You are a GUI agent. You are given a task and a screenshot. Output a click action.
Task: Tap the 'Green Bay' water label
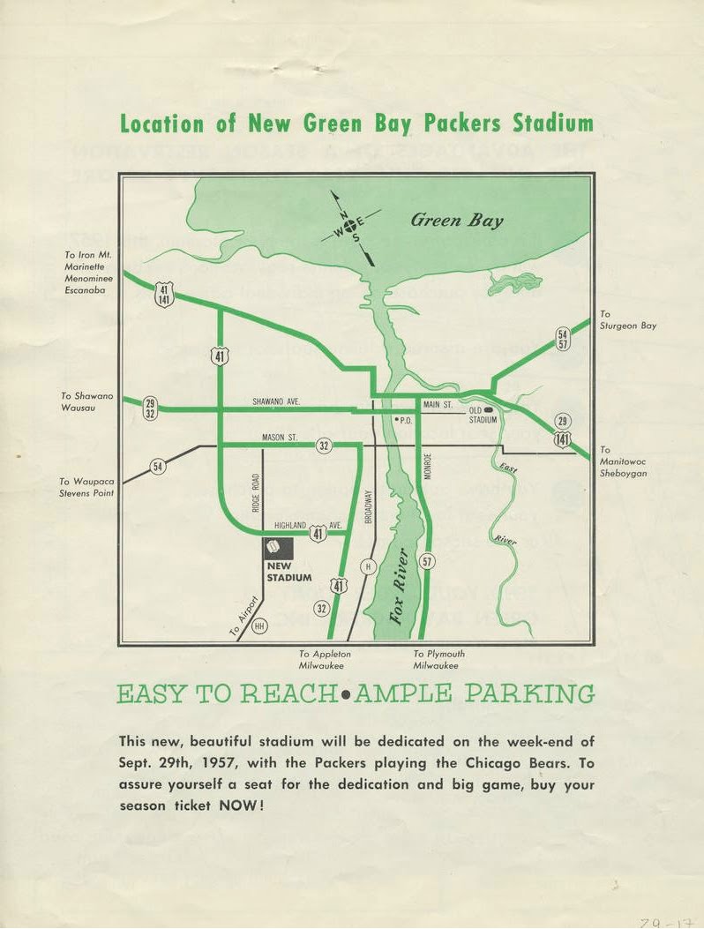click(456, 220)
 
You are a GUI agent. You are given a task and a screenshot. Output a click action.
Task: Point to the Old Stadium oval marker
click(489, 410)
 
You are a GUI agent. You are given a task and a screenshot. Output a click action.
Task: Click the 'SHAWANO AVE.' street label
click(276, 401)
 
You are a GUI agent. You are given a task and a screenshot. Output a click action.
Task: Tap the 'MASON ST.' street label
click(280, 438)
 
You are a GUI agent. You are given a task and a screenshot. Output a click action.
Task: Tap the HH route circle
click(259, 626)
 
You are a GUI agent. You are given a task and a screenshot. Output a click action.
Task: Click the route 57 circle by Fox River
click(427, 561)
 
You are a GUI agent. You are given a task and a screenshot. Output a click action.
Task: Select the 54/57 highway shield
click(562, 338)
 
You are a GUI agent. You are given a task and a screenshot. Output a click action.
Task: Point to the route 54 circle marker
click(158, 467)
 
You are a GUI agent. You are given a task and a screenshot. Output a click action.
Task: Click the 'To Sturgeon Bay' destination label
click(627, 320)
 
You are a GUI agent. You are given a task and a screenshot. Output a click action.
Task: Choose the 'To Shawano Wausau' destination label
click(85, 402)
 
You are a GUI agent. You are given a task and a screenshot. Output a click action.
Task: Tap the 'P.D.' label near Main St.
click(405, 421)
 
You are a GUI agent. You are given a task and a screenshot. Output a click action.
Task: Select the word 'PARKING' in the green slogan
click(529, 694)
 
